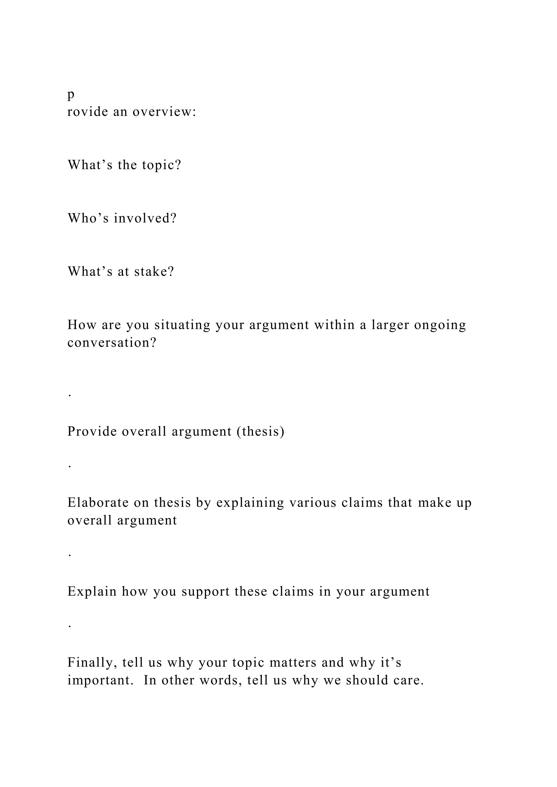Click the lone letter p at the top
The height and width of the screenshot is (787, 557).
coord(71,95)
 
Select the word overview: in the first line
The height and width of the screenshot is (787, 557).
coord(164,112)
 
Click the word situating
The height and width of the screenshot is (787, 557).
coord(182,325)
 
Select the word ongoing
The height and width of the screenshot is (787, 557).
coord(440,325)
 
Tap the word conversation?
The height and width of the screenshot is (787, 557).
coord(112,343)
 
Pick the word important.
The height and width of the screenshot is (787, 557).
coord(100,680)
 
